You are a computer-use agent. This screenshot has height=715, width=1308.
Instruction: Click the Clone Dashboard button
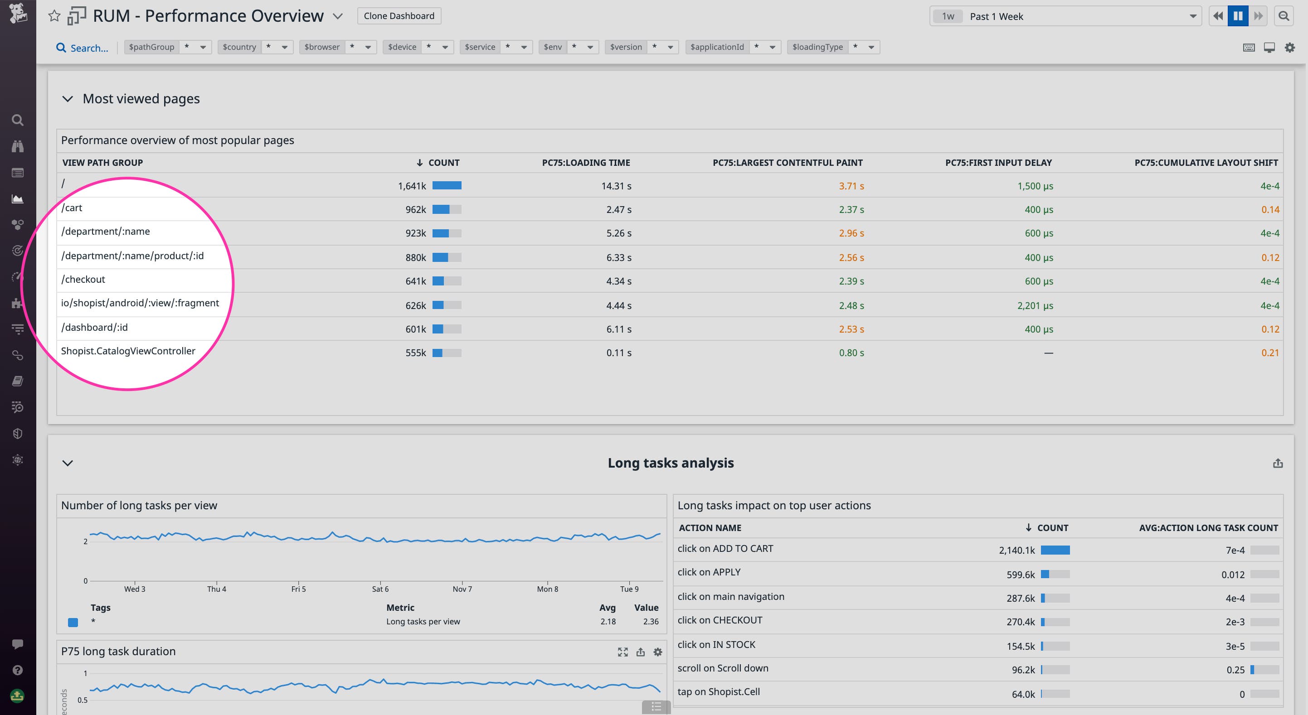(x=399, y=16)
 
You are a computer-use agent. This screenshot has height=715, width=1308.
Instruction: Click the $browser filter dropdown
(x=337, y=47)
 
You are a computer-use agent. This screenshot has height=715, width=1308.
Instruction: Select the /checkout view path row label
(x=83, y=279)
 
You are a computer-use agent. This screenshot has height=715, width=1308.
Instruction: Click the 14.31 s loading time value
(x=616, y=186)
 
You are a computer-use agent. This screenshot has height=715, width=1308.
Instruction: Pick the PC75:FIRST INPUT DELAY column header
(x=998, y=162)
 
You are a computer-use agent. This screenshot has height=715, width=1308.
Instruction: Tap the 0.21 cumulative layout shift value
(x=1269, y=353)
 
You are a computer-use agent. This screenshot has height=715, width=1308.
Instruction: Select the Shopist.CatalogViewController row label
(x=128, y=351)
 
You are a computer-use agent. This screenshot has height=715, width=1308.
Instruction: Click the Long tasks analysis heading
(x=670, y=463)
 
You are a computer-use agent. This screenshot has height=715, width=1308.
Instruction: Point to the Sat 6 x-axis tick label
(x=380, y=589)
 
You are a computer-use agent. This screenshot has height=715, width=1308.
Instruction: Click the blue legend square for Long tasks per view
(x=73, y=622)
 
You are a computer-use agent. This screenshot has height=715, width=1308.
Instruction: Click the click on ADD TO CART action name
(x=725, y=548)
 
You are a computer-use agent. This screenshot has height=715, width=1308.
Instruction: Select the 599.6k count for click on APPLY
(x=1020, y=575)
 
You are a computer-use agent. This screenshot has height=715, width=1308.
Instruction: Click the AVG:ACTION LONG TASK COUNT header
(x=1208, y=528)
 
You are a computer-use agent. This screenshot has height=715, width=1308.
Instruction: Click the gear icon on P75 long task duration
(x=657, y=652)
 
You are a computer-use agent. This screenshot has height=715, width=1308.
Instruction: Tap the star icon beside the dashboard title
(x=54, y=16)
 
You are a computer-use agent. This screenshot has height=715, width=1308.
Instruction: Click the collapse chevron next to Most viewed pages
(x=68, y=99)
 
